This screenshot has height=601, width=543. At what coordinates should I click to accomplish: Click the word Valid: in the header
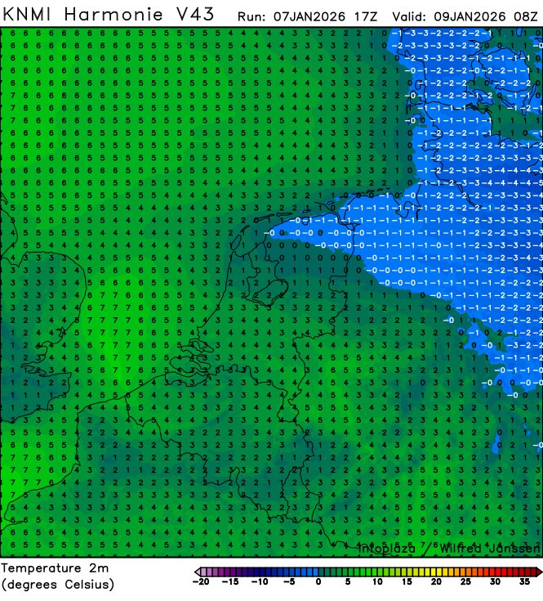(x=410, y=16)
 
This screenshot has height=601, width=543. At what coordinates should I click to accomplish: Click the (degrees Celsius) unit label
(x=58, y=584)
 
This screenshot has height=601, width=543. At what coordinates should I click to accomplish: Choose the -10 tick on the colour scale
(x=258, y=583)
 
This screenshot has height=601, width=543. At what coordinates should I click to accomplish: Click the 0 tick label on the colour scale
(x=317, y=583)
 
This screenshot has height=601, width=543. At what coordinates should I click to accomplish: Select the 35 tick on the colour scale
(x=523, y=583)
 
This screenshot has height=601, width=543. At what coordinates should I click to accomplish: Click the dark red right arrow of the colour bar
(x=538, y=572)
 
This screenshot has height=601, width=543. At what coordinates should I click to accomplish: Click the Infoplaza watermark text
(x=385, y=548)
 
